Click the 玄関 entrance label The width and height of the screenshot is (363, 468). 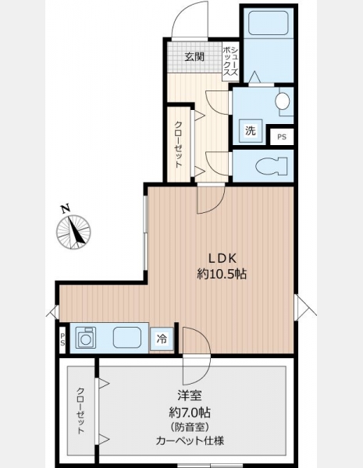point(194,57)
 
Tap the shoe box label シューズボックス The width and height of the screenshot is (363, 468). point(230,62)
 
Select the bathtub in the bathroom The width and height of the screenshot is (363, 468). point(269,23)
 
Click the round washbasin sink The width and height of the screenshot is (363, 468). point(283,101)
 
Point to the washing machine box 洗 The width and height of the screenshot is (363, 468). point(251,131)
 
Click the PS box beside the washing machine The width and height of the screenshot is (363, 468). point(282,137)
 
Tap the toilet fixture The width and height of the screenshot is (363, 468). point(272,165)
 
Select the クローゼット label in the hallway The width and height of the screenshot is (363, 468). point(178,144)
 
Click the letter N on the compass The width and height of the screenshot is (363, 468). point(65,208)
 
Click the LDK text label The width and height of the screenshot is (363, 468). point(222,258)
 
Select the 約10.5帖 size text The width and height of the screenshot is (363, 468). point(222,274)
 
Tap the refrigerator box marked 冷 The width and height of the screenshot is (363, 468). point(162,339)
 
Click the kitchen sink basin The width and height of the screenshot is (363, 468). point(127,337)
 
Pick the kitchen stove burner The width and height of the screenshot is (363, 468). point(85,338)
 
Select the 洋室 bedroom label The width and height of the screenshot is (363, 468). point(190,396)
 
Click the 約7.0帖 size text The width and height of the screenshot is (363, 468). point(190,413)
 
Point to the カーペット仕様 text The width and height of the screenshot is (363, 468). point(190,441)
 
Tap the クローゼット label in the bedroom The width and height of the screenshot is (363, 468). point(80,411)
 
